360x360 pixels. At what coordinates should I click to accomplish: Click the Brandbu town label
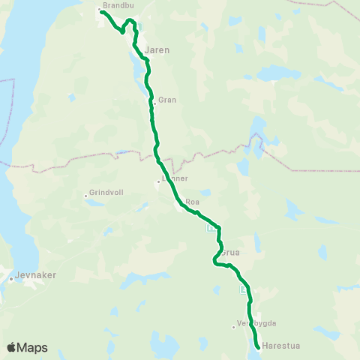[x=117, y=4]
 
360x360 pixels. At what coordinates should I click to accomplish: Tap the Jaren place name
[x=157, y=50]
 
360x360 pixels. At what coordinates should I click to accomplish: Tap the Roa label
[x=192, y=202]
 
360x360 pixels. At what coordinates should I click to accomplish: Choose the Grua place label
[x=230, y=253]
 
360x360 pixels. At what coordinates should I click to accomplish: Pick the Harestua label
[x=278, y=347]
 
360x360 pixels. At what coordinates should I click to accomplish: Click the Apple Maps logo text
[x=32, y=348]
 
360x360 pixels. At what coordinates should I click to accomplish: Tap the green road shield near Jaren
[x=137, y=27]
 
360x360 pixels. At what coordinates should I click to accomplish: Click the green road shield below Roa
[x=210, y=229]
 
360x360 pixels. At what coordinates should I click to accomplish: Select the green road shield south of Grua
[x=243, y=290]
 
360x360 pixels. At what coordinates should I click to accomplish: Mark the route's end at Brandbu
[x=101, y=11]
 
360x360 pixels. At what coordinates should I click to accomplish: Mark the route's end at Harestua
[x=258, y=347]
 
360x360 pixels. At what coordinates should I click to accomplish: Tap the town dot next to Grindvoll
[x=86, y=197]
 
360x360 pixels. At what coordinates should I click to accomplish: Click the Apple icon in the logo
[x=10, y=348]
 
